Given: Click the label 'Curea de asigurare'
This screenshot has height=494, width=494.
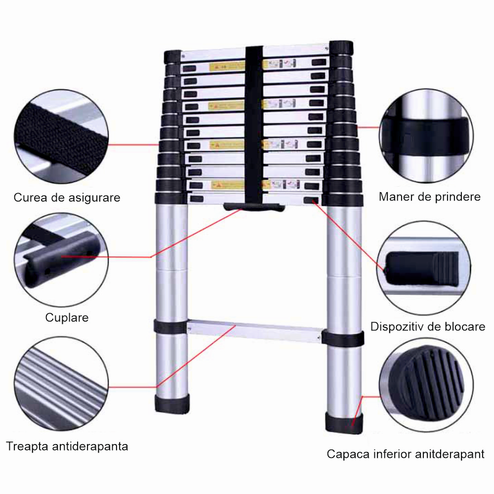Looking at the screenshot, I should point(67,198).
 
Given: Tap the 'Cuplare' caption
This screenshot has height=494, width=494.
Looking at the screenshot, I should point(67,317).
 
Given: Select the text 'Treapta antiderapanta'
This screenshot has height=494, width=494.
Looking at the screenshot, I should point(67,447).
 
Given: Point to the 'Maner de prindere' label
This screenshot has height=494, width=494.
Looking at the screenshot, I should point(429,197).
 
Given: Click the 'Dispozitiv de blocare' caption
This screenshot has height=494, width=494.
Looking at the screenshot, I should point(428,327).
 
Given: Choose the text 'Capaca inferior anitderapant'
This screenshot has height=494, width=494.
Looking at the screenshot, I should point(406,454).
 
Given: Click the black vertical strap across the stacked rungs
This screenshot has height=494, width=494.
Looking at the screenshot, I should point(254,123).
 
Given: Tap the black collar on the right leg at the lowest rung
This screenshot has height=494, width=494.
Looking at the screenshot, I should point(344,339).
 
